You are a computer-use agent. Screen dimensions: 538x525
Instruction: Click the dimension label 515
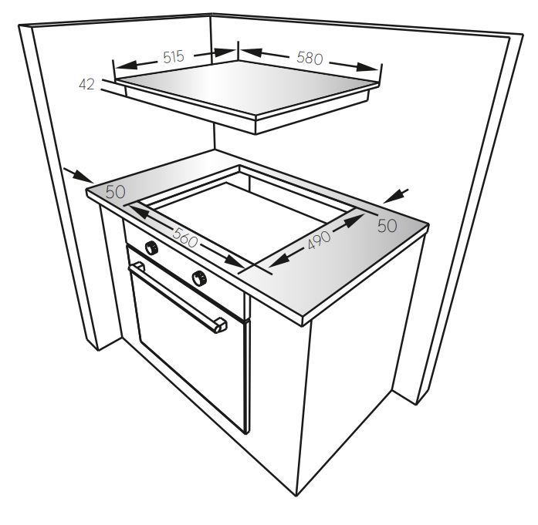[x=174, y=57]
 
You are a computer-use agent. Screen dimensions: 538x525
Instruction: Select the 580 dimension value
[x=310, y=58]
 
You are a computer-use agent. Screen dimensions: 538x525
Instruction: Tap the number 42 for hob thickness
[x=86, y=84]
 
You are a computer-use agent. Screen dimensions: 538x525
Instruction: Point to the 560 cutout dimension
[x=185, y=237]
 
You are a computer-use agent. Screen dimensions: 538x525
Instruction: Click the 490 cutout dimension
[x=319, y=240]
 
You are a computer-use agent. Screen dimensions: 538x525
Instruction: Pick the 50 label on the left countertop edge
[x=115, y=192]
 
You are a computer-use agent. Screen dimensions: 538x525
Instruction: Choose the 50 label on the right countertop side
[x=387, y=225]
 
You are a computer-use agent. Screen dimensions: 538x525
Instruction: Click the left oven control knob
[x=151, y=247]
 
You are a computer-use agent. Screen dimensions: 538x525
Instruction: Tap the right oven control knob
[x=199, y=278]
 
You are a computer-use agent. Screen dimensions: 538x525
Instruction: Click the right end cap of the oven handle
[x=220, y=325]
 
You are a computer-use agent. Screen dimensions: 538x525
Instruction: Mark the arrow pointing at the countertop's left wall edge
[x=78, y=175]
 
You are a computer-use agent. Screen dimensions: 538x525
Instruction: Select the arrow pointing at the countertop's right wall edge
[x=396, y=196]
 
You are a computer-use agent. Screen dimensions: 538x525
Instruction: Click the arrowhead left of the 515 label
[x=127, y=65]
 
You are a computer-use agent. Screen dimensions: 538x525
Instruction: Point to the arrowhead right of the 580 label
[x=367, y=67]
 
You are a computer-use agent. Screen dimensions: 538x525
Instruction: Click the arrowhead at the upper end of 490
[x=354, y=220]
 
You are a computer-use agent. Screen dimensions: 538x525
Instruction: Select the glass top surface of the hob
[x=244, y=86]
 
